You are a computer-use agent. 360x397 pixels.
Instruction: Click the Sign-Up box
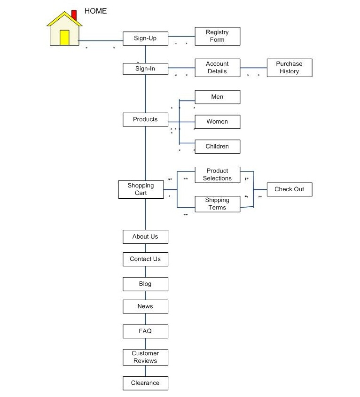(145, 39)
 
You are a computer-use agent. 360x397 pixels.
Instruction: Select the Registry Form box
(217, 36)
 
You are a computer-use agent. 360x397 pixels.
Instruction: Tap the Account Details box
(217, 68)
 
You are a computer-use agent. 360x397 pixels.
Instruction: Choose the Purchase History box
(289, 68)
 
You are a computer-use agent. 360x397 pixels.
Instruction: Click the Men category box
(217, 97)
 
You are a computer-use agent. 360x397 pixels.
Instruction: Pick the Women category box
(217, 122)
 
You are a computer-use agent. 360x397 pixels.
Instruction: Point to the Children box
(217, 147)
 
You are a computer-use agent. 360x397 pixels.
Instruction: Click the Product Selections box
(217, 175)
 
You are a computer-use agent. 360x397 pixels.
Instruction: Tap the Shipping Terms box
(217, 204)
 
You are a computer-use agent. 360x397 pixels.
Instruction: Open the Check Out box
(289, 189)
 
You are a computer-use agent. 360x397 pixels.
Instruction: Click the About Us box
(145, 237)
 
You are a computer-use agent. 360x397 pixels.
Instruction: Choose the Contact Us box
(145, 259)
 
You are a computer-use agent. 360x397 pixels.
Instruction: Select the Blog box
(145, 284)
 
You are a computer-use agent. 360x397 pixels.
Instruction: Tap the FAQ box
(145, 331)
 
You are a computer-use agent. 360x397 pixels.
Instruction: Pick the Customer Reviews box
(145, 358)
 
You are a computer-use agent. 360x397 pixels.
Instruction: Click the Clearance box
(145, 383)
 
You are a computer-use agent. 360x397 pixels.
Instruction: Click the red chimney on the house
(74, 15)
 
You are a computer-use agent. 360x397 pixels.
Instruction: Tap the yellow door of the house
(64, 38)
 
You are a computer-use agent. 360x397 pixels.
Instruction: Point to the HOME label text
(95, 11)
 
